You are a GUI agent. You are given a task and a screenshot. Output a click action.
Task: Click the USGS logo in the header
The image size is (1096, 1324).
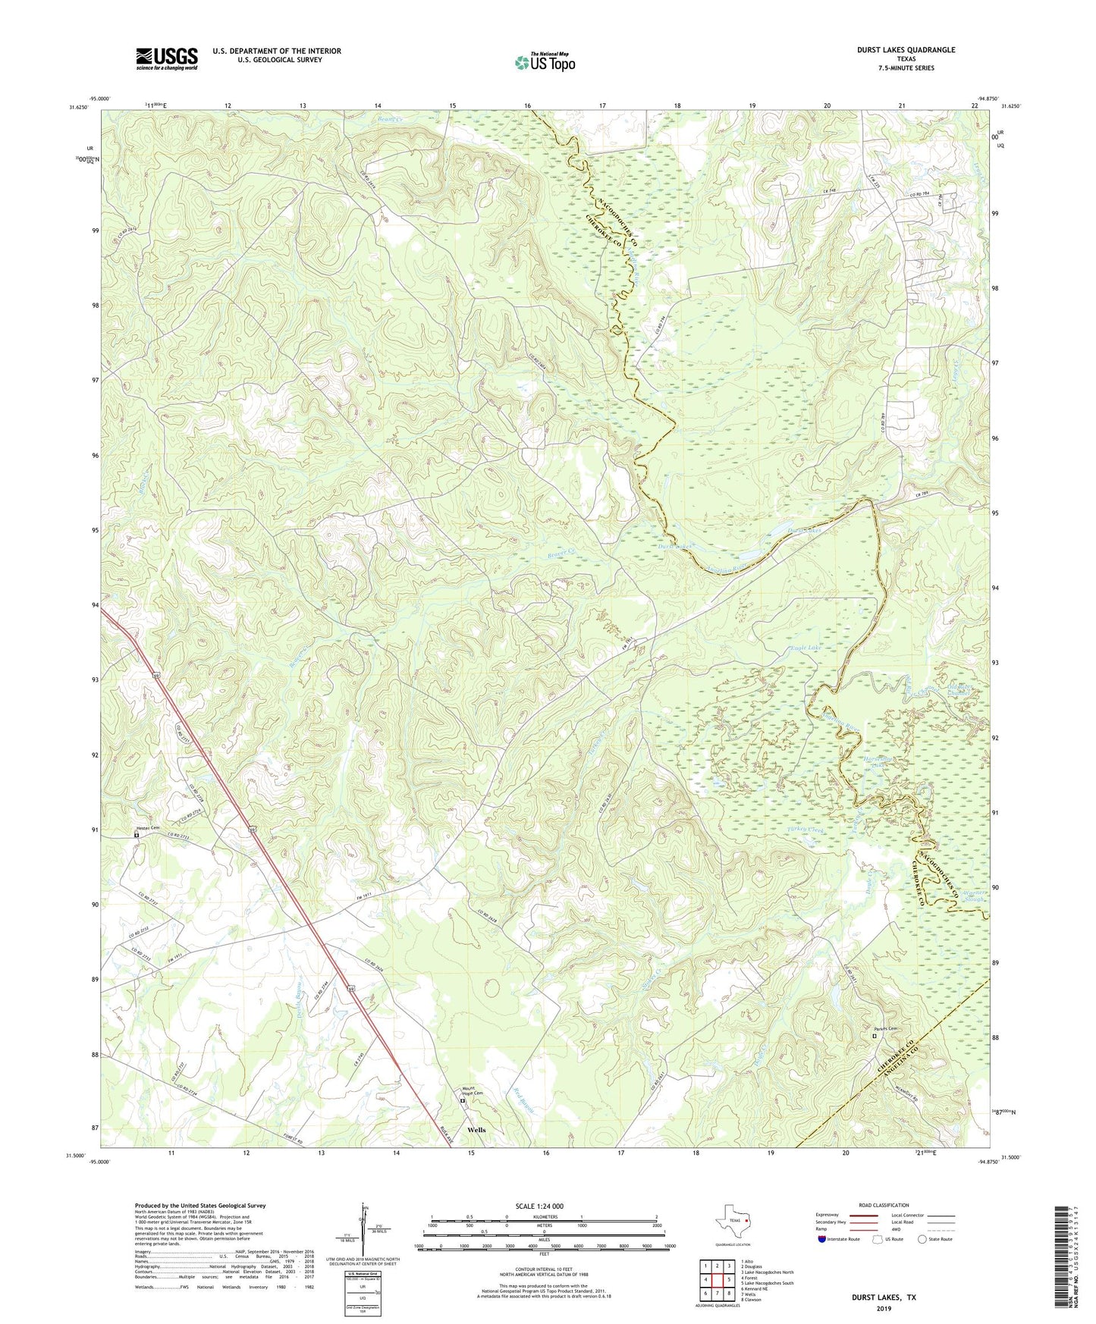point(167,58)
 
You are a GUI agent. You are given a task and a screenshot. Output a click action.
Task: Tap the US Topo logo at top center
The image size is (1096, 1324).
point(544,63)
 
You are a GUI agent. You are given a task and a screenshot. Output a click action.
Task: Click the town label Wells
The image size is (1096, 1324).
point(476,1130)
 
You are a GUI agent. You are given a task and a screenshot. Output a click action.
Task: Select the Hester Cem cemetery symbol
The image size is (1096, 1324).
point(137,835)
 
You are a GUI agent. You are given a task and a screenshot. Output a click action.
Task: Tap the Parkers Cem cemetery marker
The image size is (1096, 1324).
point(874,1035)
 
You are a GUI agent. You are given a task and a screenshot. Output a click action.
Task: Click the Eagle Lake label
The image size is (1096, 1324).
point(806,648)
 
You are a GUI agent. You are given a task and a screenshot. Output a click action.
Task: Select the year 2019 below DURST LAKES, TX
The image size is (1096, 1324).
point(884,1309)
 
